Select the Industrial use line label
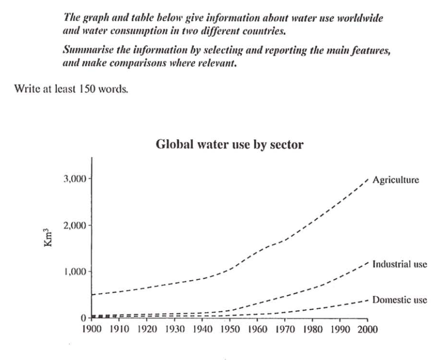(400, 264)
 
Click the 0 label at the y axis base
(84, 318)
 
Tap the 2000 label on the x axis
(366, 329)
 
